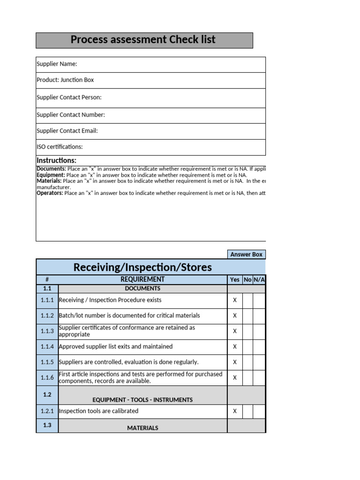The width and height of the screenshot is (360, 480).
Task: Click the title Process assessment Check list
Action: click(x=143, y=40)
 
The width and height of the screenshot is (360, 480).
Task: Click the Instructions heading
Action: click(x=56, y=161)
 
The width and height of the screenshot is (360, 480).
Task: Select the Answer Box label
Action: click(x=246, y=255)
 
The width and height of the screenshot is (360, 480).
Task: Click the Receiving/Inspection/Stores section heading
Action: click(x=142, y=268)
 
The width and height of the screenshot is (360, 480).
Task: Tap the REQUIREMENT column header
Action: click(x=142, y=280)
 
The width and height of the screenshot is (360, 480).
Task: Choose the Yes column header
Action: click(x=235, y=280)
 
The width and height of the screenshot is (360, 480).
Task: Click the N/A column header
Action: click(x=259, y=280)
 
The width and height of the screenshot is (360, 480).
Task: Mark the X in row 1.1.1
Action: click(x=235, y=300)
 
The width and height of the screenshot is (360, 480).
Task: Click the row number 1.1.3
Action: click(x=47, y=331)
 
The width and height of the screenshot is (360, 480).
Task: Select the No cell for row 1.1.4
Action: click(x=247, y=347)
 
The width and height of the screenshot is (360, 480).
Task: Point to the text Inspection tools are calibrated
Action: click(x=98, y=411)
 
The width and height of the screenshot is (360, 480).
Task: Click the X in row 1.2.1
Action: click(x=235, y=411)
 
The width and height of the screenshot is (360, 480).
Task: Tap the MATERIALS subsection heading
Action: click(x=142, y=428)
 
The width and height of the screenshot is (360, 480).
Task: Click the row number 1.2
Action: click(x=47, y=395)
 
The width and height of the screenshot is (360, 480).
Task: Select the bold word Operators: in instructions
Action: click(x=50, y=193)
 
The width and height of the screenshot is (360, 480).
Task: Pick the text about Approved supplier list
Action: click(x=116, y=347)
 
